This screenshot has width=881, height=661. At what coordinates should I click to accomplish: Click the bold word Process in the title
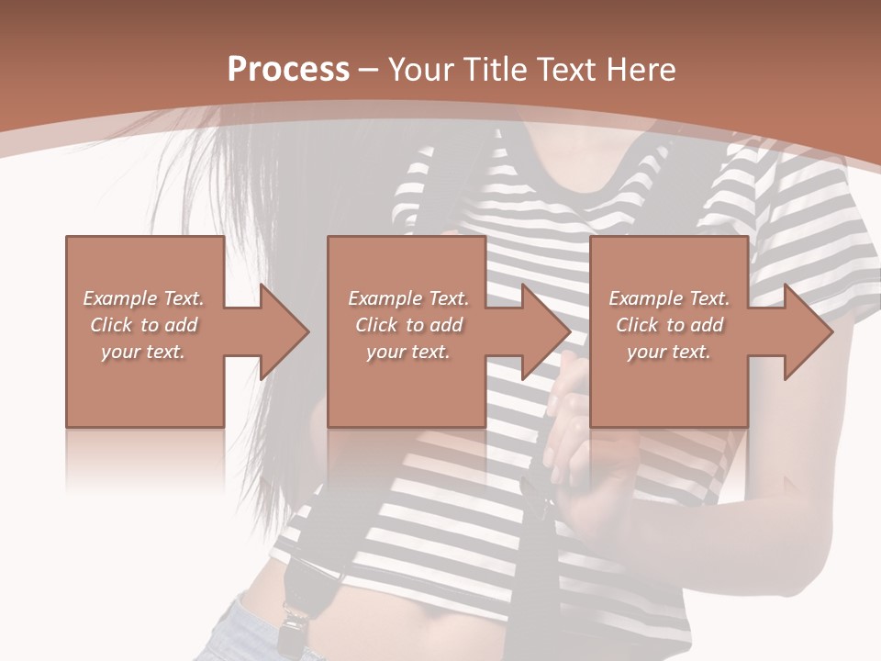(288, 70)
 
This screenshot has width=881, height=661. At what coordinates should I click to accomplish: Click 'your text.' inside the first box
(143, 351)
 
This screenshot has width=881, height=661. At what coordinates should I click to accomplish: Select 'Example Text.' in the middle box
(408, 298)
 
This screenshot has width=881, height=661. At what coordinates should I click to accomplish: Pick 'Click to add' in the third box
(669, 325)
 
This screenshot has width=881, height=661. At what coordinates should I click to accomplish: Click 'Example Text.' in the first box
(143, 298)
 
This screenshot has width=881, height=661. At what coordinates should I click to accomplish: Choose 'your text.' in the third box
(669, 351)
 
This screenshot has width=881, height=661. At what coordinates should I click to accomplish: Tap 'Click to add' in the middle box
(408, 325)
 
